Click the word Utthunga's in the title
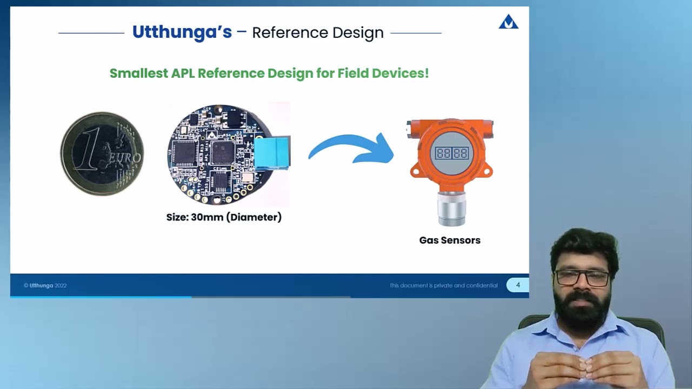click(x=182, y=32)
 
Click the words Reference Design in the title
click(x=318, y=33)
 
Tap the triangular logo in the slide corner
click(x=508, y=22)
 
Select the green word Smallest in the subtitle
click(x=139, y=73)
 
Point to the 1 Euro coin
click(x=102, y=153)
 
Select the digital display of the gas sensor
click(x=451, y=153)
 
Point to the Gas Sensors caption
click(x=450, y=240)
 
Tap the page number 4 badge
click(x=517, y=285)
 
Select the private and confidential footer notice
click(x=443, y=285)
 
